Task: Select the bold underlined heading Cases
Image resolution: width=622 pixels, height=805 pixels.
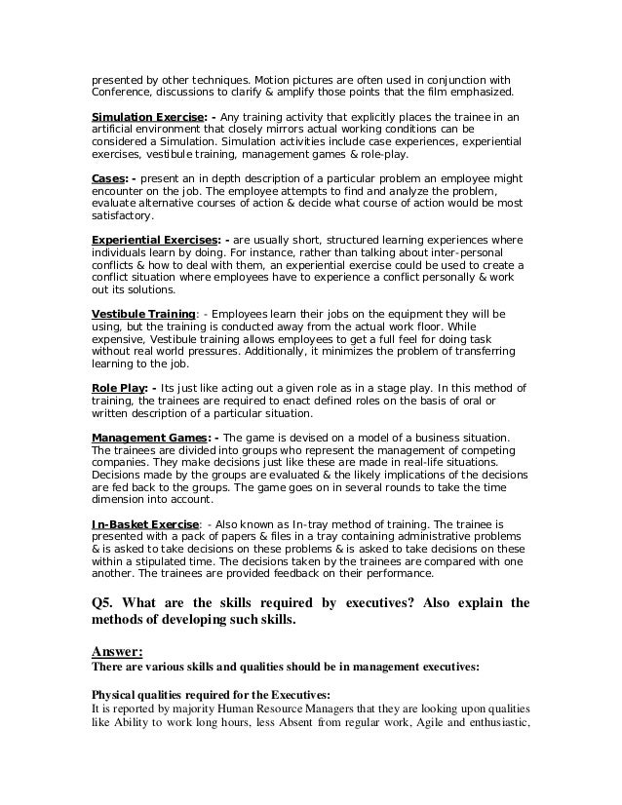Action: (x=107, y=178)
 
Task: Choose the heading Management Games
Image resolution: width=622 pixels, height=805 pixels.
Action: (x=148, y=438)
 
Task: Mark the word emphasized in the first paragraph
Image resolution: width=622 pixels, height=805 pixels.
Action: (x=487, y=93)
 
